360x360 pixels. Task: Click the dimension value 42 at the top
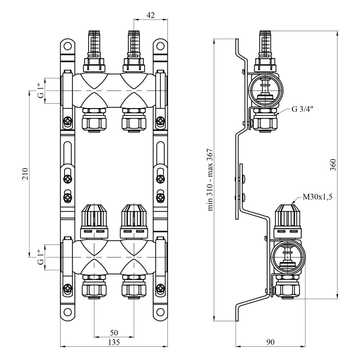150,15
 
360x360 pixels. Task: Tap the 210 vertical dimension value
25,174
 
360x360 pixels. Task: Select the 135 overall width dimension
114,342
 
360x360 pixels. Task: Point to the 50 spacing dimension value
114,333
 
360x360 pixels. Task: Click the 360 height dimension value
333,165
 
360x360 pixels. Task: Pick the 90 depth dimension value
271,342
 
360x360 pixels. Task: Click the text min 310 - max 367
210,180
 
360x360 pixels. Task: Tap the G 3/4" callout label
302,109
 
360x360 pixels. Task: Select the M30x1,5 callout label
317,197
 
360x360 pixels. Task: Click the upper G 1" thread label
40,91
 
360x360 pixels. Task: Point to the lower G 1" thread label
40,257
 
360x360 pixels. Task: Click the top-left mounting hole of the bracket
68,46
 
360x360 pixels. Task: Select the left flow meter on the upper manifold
94,50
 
